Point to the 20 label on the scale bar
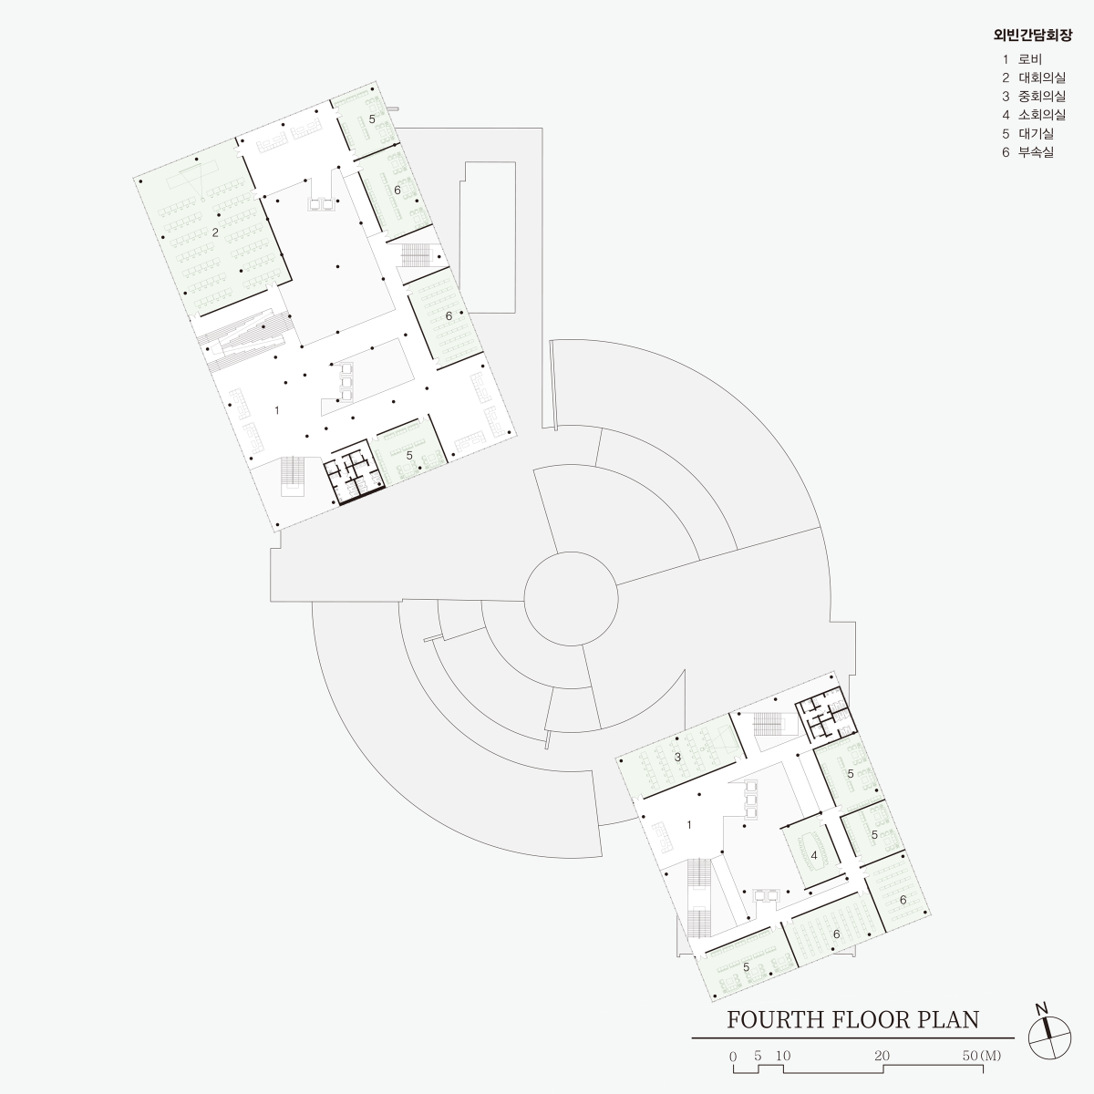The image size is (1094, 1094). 882,1056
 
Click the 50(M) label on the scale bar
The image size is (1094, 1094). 982,1056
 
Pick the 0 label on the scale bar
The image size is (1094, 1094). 733,1057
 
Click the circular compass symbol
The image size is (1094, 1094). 1049,1037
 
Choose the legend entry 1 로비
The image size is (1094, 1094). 1022,59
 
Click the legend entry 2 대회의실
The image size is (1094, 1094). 1034,77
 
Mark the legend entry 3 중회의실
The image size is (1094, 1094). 1034,97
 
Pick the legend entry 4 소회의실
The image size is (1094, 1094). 1034,115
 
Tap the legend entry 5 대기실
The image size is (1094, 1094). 1028,133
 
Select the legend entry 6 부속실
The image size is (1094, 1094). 1028,152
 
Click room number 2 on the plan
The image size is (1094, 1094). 215,232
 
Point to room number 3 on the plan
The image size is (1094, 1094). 677,757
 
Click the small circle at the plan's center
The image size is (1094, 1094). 571,599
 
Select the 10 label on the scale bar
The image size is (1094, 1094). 783,1056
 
